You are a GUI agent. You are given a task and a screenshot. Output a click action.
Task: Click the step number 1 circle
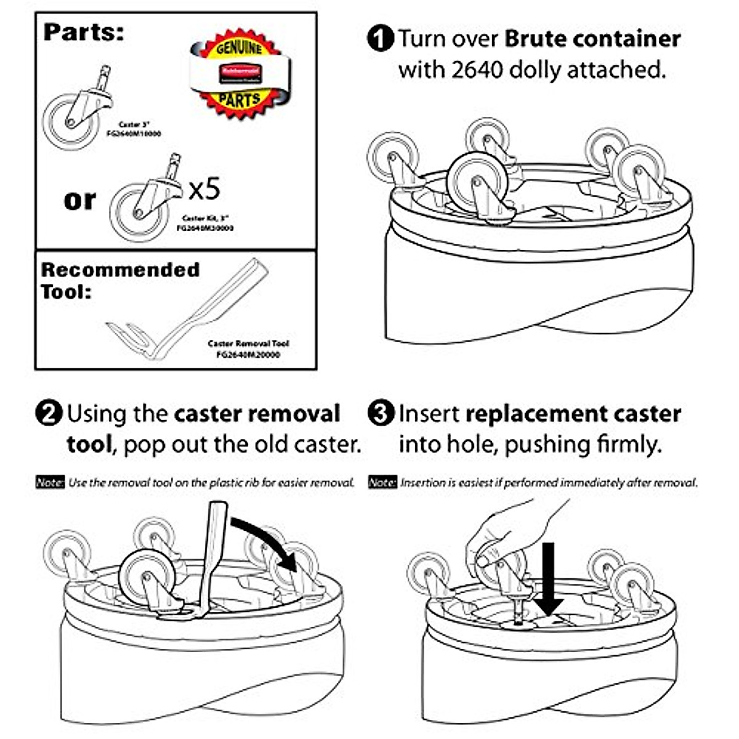tap(380, 39)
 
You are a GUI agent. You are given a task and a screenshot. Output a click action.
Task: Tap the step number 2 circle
tap(49, 413)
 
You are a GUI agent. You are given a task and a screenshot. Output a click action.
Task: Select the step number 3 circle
tap(380, 413)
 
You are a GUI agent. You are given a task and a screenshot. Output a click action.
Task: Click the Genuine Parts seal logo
tap(239, 73)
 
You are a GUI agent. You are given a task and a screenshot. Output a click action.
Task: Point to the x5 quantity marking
tap(204, 189)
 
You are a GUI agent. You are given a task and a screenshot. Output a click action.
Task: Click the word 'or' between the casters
tap(80, 200)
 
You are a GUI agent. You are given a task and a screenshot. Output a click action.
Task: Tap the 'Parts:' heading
tap(84, 32)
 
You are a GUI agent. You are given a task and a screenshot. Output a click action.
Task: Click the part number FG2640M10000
tap(134, 133)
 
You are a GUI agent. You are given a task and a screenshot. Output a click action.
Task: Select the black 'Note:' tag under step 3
tap(382, 482)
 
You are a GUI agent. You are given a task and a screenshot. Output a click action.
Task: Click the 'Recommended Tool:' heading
tap(120, 280)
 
